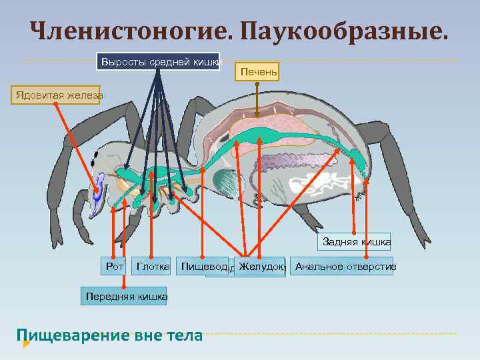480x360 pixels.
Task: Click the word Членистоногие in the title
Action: (x=127, y=30)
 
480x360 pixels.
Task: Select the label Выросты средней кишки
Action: (x=159, y=62)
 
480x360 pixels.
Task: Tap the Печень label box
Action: (x=259, y=71)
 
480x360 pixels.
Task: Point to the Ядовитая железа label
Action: (x=57, y=95)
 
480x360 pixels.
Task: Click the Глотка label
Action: (x=153, y=267)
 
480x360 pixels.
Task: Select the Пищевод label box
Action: (x=202, y=267)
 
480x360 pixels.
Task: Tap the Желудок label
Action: (x=261, y=267)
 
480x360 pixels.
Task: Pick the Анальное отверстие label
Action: (x=345, y=267)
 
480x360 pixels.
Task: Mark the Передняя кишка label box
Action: (x=125, y=296)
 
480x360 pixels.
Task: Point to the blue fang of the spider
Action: (x=99, y=190)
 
